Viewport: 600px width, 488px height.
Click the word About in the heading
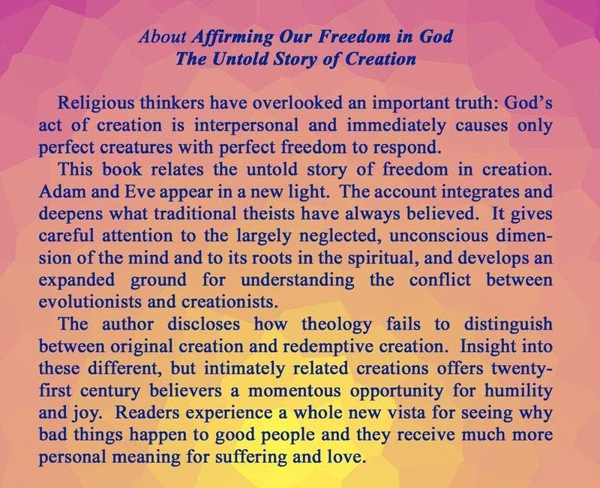click(x=162, y=36)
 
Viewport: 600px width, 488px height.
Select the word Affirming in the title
click(x=232, y=38)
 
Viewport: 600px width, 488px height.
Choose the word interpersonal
click(x=246, y=126)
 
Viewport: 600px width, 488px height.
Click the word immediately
click(x=396, y=126)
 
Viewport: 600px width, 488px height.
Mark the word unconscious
click(x=439, y=236)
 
